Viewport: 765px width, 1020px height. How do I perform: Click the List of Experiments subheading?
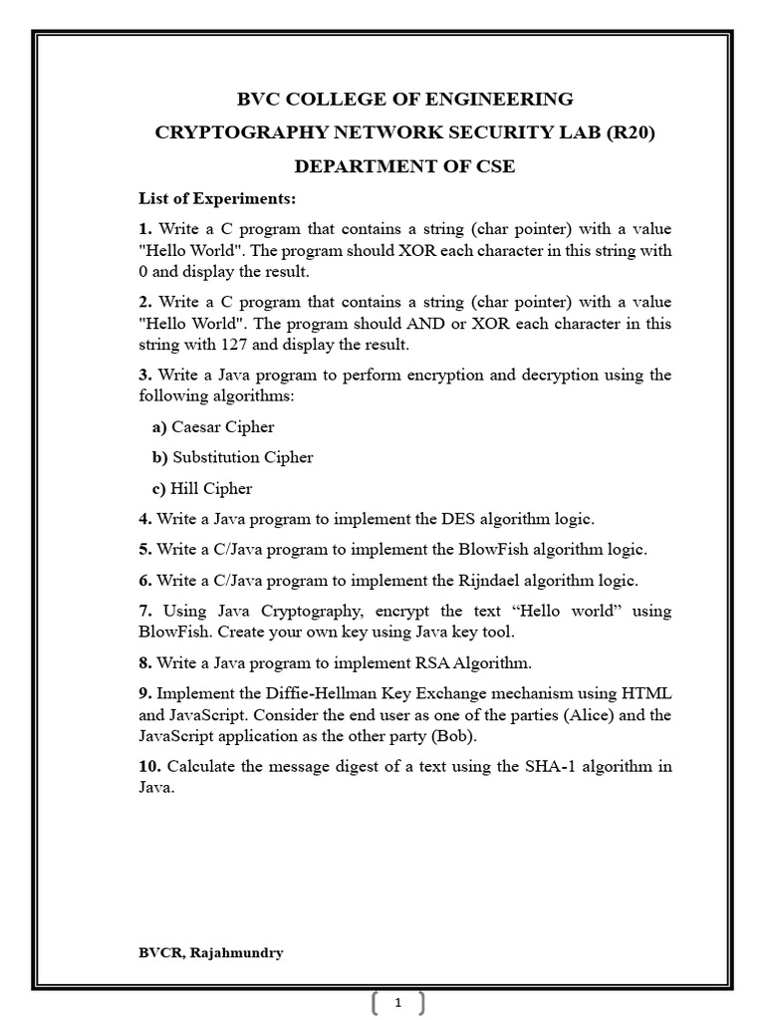pyautogui.click(x=217, y=198)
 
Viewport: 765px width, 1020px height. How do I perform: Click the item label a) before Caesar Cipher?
pyautogui.click(x=159, y=427)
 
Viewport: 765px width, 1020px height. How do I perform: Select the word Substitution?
pyautogui.click(x=217, y=457)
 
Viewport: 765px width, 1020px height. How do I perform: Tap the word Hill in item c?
pyautogui.click(x=185, y=488)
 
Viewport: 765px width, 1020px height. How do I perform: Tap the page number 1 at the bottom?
pyautogui.click(x=398, y=1003)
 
